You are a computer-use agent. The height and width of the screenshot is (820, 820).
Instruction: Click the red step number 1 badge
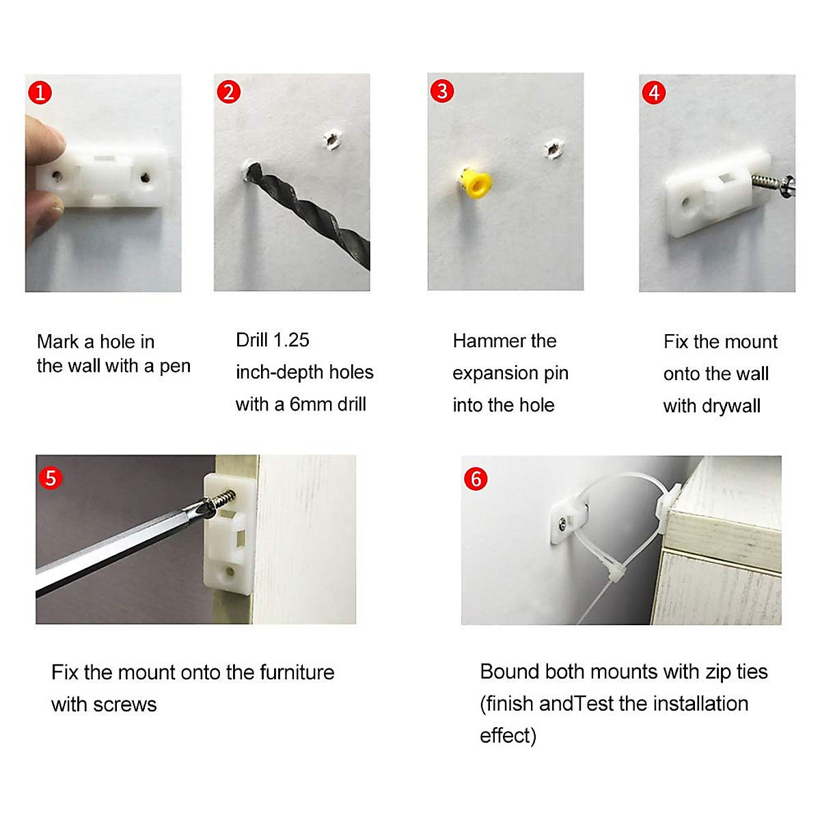(40, 93)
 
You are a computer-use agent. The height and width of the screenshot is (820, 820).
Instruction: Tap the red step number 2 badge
(228, 92)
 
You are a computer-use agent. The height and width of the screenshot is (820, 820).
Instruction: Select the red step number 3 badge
(442, 91)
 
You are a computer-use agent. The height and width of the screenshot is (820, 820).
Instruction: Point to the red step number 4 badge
(654, 93)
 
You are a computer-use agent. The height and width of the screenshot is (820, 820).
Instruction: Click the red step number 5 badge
(51, 478)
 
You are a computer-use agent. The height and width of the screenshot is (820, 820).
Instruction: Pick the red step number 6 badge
(476, 479)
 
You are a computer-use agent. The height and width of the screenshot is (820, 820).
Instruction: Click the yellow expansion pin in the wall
(476, 182)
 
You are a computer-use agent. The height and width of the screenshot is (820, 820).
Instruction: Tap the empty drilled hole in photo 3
(553, 149)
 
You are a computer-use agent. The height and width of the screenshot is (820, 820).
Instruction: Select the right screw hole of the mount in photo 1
(145, 176)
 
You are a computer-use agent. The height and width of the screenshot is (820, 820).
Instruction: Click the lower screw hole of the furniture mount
(230, 571)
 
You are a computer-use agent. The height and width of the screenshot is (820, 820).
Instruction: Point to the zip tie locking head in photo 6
(616, 576)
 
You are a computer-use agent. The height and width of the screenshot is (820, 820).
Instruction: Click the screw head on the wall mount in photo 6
(564, 523)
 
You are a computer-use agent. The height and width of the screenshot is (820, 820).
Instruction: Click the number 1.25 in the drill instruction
(291, 340)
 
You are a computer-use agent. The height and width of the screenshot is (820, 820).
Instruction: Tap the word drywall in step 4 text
(731, 407)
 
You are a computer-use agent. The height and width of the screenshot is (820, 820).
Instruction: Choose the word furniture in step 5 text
(297, 672)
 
